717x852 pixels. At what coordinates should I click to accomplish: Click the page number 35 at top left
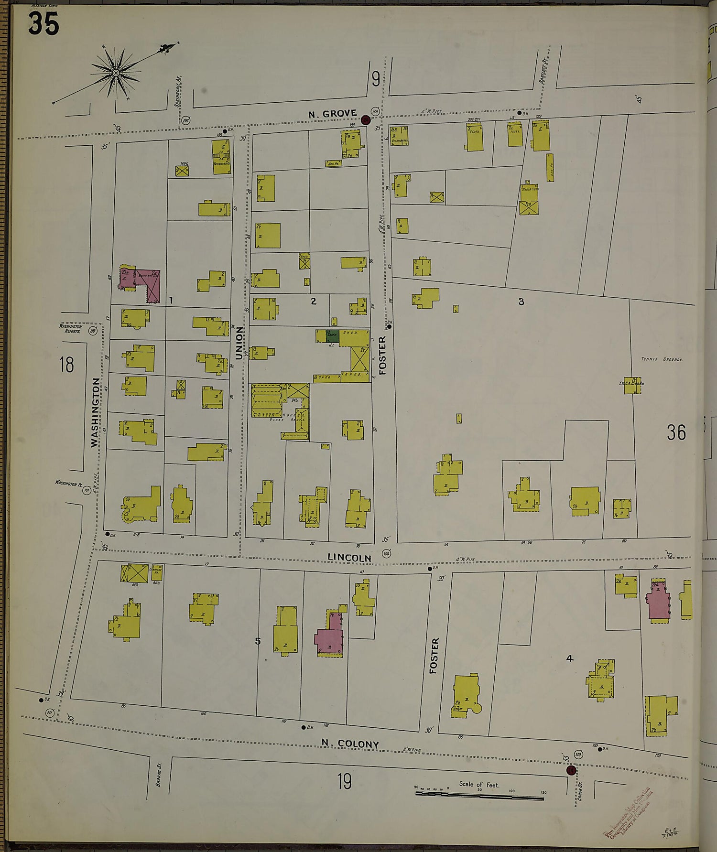(43, 24)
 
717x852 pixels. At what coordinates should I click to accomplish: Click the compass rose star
(116, 73)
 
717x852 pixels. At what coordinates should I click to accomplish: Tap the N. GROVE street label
(333, 114)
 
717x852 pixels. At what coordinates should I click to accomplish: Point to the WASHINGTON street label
(96, 412)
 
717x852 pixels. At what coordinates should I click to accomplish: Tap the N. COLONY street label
(350, 744)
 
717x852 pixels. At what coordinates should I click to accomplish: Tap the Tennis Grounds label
(662, 359)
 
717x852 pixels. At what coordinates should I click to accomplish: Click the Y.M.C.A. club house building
(632, 386)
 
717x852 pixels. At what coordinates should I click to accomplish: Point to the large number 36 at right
(676, 432)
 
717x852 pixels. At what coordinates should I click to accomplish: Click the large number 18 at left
(67, 365)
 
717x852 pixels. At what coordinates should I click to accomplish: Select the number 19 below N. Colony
(344, 782)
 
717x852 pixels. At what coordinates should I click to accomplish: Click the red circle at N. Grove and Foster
(366, 119)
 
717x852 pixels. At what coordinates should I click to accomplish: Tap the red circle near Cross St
(570, 770)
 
